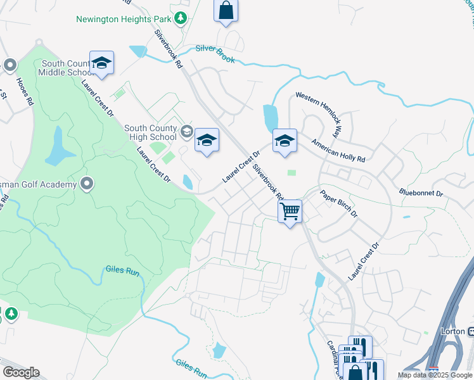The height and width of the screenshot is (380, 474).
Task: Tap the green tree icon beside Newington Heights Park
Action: point(181,18)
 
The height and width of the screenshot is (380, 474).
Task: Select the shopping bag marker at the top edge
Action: point(226,11)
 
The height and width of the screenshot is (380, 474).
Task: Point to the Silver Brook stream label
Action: point(215,53)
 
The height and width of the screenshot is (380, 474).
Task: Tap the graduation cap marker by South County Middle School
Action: point(101,63)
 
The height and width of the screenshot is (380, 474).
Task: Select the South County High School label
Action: point(151,132)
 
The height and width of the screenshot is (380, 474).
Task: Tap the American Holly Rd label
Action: point(338,149)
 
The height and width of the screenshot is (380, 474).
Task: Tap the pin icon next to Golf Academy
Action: point(87,184)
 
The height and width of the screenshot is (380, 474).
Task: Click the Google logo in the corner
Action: point(21,372)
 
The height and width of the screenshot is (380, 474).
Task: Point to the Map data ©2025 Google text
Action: point(435,375)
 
